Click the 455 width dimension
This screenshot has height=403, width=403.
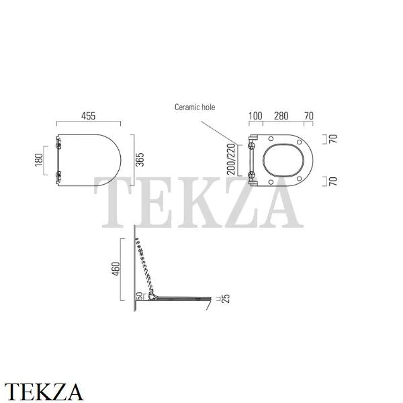point(89,116)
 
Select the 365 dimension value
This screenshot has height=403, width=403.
point(140,160)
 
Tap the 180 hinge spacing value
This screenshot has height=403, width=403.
point(39,160)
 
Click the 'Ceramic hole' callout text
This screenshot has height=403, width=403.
point(195,107)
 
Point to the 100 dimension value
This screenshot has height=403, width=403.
point(255,116)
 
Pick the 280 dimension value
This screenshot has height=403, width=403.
point(281,116)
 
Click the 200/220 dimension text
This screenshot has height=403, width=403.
point(231,159)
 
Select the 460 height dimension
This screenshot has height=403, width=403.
point(116,269)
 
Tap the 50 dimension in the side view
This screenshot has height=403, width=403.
point(139,296)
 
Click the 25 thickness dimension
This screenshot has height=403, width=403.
point(226,299)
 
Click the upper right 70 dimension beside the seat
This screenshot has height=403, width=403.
point(333,139)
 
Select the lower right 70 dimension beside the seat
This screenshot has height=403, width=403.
point(333,181)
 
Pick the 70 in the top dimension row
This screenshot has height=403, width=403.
point(309,116)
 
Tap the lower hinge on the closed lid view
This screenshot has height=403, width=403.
point(59,175)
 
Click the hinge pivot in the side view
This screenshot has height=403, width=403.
point(152,297)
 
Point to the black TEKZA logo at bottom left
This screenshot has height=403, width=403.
point(44,392)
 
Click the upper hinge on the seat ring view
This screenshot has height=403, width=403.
point(251,146)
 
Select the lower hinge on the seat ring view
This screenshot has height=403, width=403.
point(251,175)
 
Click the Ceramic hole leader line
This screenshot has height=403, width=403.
point(219,132)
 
